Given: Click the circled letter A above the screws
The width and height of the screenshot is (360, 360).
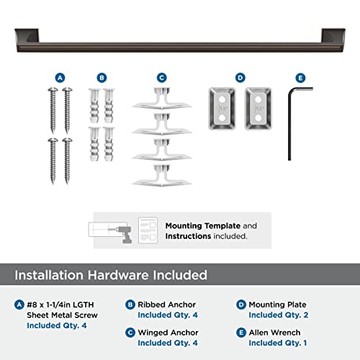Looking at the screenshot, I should (60, 76).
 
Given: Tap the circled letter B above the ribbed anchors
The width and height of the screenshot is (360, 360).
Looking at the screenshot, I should (102, 76).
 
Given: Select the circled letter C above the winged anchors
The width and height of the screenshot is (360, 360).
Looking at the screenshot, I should (161, 76).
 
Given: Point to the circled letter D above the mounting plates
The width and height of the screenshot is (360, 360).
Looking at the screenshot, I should (240, 76).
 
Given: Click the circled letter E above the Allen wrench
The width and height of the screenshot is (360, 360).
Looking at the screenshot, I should (300, 76).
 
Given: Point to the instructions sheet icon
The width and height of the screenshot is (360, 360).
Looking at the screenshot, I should (148, 230).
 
